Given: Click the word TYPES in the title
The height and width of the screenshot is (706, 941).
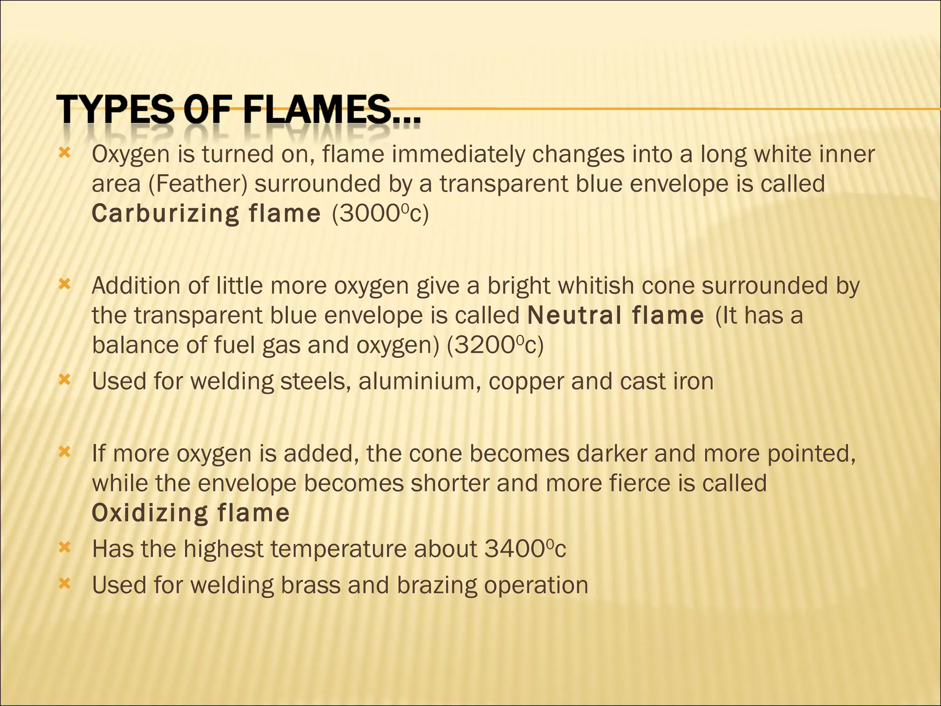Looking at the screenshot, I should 118,109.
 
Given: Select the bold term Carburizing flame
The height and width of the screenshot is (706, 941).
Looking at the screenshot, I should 206,213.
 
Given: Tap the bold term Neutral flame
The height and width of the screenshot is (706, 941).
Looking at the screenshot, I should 616,315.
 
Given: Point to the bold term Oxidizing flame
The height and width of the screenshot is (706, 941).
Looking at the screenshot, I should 191,513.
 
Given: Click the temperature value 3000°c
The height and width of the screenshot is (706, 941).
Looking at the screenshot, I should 380,213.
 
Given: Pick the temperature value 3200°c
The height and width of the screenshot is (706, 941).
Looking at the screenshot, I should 495,345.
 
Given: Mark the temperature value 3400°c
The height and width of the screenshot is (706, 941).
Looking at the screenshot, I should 525,549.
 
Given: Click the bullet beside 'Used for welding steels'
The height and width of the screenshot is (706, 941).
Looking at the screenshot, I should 65,380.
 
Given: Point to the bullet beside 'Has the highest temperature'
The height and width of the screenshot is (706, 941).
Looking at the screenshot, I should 65,547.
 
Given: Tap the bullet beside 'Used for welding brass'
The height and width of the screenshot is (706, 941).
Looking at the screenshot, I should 65,583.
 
